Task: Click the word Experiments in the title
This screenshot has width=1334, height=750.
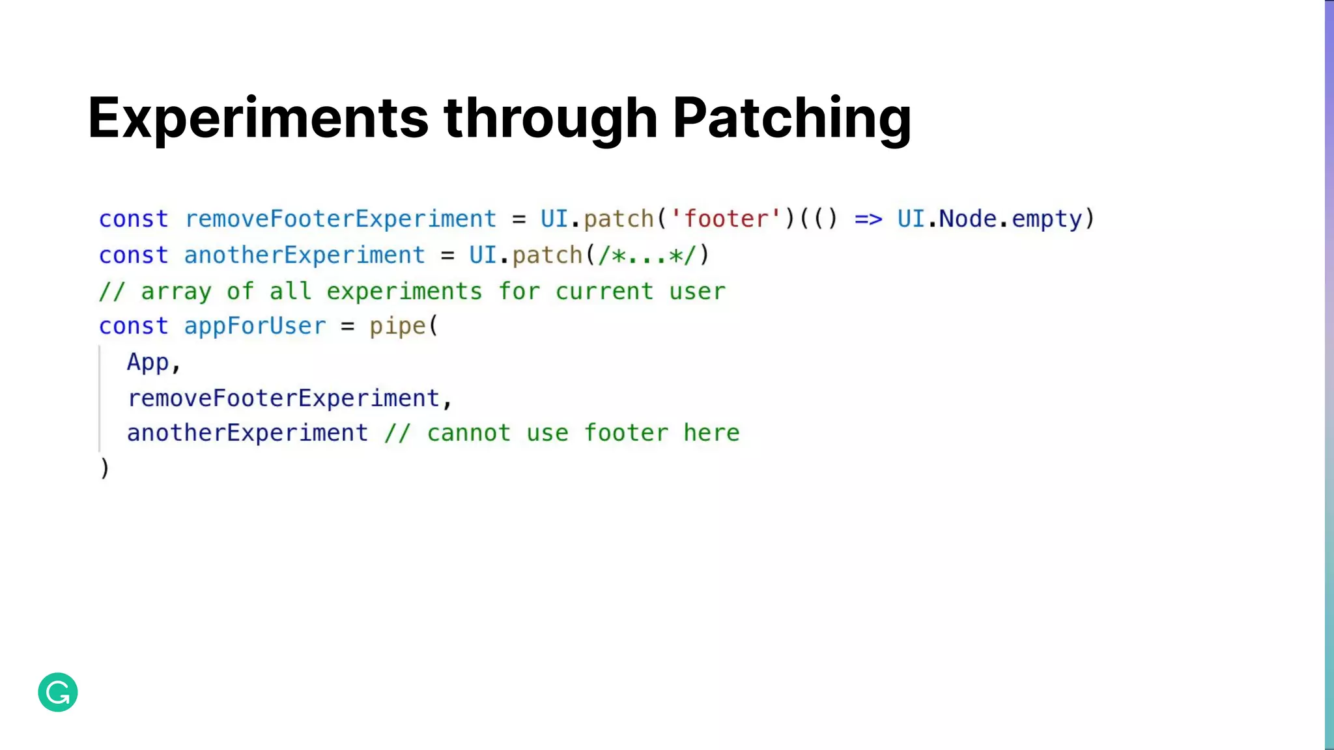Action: (x=258, y=118)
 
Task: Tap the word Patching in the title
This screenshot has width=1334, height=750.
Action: (x=791, y=118)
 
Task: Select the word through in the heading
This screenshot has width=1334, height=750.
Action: (x=550, y=118)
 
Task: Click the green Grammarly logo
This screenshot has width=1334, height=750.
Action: (x=58, y=692)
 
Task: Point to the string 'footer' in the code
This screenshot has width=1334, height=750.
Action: (x=726, y=219)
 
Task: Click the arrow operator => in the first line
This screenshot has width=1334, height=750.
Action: (x=868, y=219)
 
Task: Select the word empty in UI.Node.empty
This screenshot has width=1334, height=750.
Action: (x=1047, y=219)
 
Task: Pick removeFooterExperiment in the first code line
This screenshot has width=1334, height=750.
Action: (x=341, y=219)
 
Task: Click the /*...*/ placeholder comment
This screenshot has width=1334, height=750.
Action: (x=647, y=255)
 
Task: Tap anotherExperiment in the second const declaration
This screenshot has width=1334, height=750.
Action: (x=304, y=255)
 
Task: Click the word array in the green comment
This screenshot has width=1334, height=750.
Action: (x=176, y=292)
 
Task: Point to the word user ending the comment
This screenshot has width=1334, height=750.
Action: (x=697, y=292)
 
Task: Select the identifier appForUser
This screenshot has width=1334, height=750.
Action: (x=255, y=326)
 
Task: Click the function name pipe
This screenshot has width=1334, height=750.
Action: (x=397, y=326)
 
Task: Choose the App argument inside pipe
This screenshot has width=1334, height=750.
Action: (x=148, y=362)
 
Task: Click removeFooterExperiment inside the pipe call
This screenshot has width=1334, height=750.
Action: (x=283, y=398)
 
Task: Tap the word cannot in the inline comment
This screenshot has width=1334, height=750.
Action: (x=468, y=433)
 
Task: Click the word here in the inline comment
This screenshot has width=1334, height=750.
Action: (x=711, y=433)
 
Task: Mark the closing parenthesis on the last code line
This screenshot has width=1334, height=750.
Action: (x=104, y=468)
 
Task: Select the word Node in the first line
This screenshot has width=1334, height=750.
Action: (x=967, y=219)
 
